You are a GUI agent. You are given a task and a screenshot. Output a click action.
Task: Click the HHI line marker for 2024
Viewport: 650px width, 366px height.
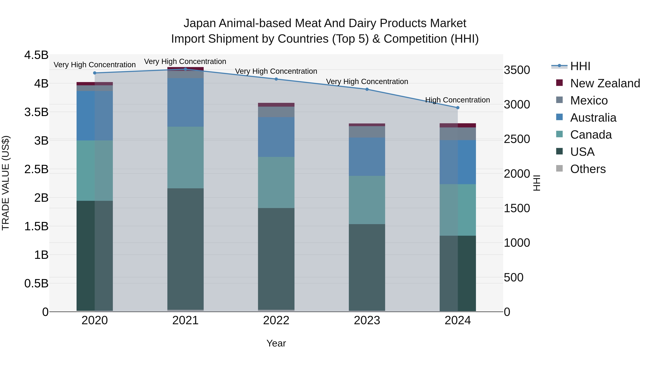(x=458, y=108)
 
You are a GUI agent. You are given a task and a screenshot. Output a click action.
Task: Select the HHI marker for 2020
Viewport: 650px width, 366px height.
(x=95, y=73)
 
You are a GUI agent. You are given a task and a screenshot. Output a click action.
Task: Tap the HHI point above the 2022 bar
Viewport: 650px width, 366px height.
(x=276, y=79)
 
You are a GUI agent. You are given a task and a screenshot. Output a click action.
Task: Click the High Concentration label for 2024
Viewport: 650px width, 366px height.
(x=458, y=100)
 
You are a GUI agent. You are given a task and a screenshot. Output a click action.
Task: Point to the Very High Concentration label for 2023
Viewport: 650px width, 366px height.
(x=367, y=82)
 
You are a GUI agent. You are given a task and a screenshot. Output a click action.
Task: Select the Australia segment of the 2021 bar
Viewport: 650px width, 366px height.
(x=185, y=102)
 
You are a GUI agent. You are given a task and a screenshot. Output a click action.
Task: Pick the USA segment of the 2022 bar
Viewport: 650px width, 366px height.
(x=276, y=259)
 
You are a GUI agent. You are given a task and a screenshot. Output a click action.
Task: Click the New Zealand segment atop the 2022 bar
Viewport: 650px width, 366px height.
(x=276, y=105)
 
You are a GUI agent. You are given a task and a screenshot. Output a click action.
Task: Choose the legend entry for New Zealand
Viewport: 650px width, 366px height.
(x=605, y=83)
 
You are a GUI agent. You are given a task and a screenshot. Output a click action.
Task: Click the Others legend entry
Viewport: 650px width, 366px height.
(x=588, y=169)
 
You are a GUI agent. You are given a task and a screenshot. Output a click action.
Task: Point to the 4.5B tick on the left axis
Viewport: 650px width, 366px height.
(x=36, y=55)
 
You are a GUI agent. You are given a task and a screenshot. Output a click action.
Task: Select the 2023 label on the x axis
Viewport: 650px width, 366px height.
(x=367, y=320)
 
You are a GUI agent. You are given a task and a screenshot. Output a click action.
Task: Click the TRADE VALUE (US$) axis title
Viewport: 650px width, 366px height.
(x=6, y=183)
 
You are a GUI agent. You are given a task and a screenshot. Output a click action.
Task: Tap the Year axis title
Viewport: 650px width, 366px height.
(x=276, y=343)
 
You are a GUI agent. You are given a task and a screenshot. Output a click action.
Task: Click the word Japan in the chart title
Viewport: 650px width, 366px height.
(x=200, y=23)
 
